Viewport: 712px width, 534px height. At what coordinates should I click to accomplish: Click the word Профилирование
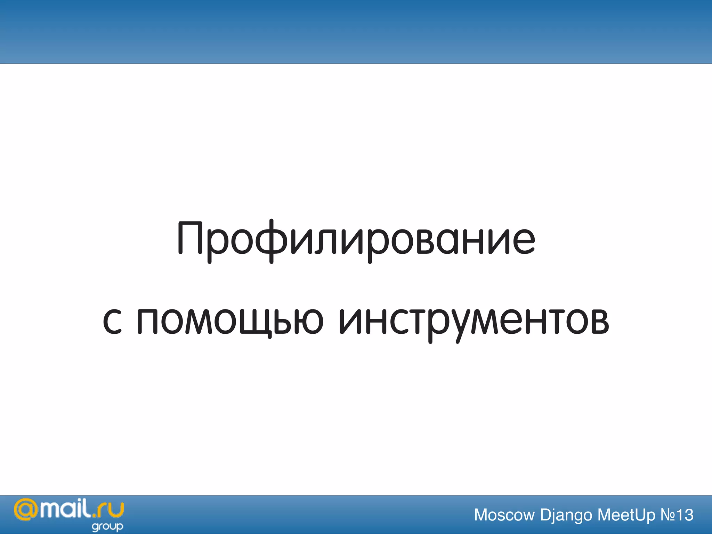pos(356,240)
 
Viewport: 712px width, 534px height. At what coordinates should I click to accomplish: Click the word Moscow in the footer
pos(504,515)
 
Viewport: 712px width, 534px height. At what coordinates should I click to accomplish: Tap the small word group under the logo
pos(107,527)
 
